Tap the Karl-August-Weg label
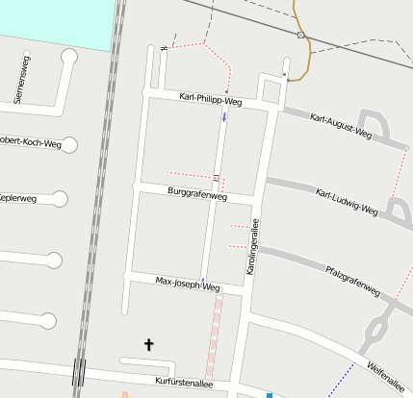[x=341, y=124]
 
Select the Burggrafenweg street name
[x=197, y=194]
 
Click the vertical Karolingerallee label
[x=256, y=249]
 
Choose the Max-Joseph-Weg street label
[x=188, y=284]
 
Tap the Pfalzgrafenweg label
[x=353, y=280]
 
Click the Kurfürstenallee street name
[x=184, y=382]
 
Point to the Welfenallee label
[x=389, y=374]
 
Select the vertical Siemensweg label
[x=21, y=83]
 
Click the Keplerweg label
[x=17, y=199]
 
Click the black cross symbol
[x=149, y=343]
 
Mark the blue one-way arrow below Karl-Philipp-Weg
[x=224, y=117]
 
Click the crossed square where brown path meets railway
[x=301, y=36]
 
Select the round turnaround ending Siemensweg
[x=68, y=57]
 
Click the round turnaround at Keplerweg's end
[x=60, y=199]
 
